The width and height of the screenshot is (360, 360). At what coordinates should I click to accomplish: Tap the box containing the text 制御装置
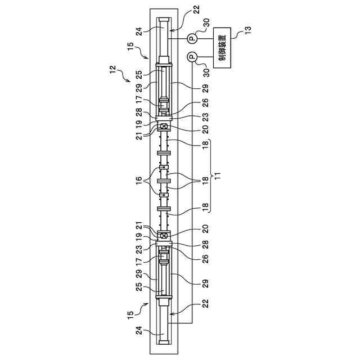click(x=224, y=47)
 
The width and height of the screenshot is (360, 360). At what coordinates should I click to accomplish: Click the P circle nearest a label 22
click(x=191, y=38)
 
